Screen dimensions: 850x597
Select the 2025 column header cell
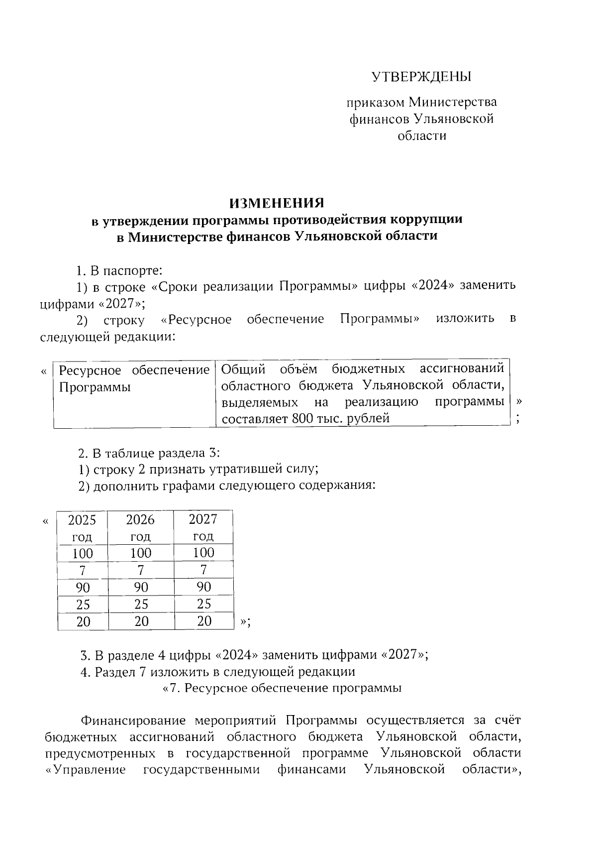[x=82, y=527]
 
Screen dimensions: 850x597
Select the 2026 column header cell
[x=141, y=527]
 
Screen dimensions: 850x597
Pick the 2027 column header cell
[x=203, y=527]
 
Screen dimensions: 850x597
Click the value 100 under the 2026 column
[x=141, y=553]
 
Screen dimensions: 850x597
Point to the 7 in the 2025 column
[x=82, y=570]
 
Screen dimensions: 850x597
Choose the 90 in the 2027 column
[x=203, y=587]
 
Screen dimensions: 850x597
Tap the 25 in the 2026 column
[x=141, y=604]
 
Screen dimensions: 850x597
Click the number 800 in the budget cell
[x=302, y=418]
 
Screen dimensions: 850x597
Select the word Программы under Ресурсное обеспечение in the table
[x=95, y=387]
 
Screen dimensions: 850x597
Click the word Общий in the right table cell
[x=242, y=369]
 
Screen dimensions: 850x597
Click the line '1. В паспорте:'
[x=120, y=271]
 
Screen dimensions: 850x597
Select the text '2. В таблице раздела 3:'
[x=149, y=453]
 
